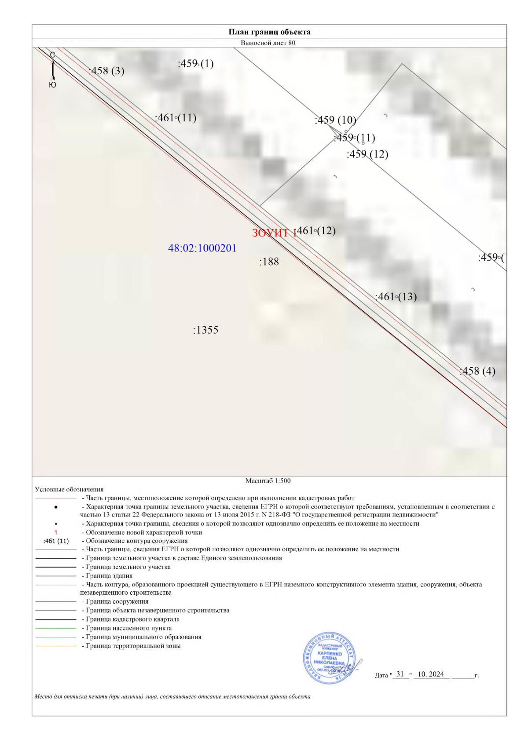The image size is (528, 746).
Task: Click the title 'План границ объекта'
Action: [269, 32]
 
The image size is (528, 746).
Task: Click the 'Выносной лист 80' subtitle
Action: [268, 43]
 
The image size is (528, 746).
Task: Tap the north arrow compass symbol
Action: [52, 70]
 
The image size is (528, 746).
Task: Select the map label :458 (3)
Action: [107, 71]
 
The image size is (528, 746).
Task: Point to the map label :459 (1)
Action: [196, 64]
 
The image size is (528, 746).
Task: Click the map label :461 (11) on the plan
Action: [176, 118]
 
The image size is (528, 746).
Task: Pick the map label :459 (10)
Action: [335, 120]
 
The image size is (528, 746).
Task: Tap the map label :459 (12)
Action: [367, 154]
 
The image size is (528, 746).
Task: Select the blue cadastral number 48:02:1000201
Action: [202, 248]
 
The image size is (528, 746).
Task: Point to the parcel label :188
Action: [269, 262]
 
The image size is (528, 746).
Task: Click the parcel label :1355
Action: [205, 330]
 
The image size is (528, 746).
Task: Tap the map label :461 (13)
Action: [396, 297]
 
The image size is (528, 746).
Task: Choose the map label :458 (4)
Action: [477, 371]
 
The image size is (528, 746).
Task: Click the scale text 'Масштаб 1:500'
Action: [268, 481]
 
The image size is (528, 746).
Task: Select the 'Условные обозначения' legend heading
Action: [69, 489]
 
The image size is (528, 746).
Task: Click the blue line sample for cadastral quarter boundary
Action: [56, 619]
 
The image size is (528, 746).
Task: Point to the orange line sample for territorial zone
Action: [56, 646]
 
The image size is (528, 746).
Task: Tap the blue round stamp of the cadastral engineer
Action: [329, 658]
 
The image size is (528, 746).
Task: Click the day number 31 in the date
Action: [400, 674]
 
